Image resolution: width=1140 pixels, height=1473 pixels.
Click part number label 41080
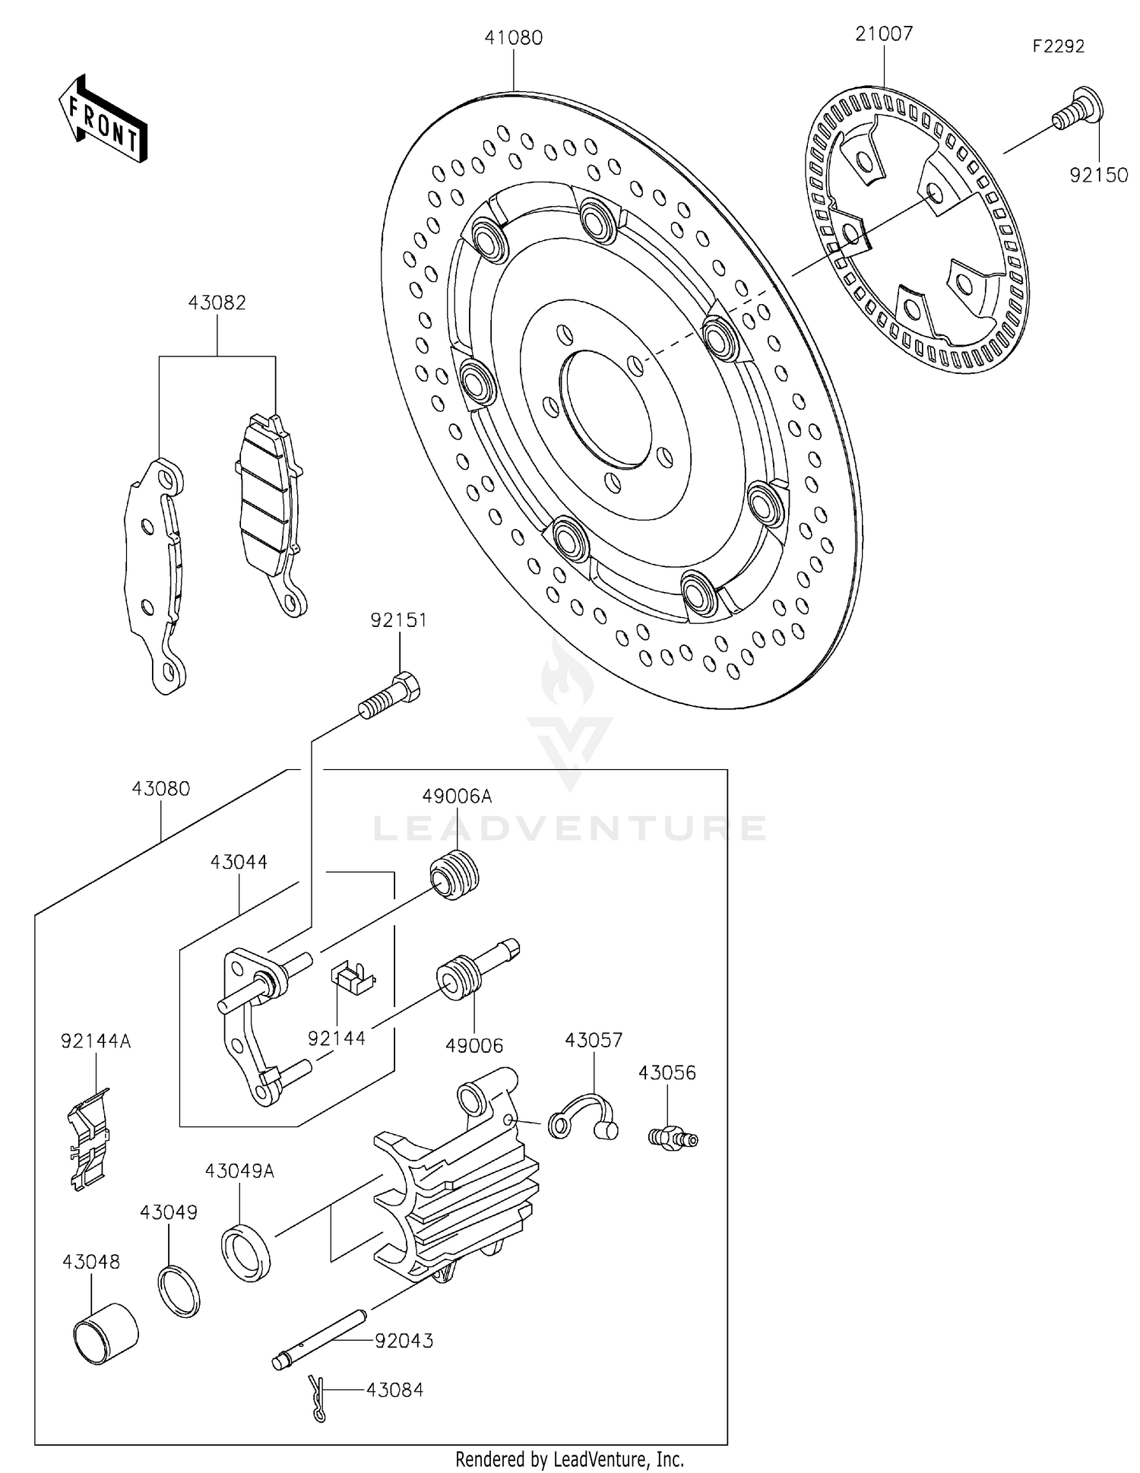point(514,38)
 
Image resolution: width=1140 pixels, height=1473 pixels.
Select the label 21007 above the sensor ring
point(884,34)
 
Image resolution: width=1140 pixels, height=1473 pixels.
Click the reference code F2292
point(1058,46)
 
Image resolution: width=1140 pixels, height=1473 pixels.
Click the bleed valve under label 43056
point(673,1138)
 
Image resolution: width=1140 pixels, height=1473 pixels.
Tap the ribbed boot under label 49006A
point(454,877)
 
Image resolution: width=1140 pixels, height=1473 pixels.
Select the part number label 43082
point(217,303)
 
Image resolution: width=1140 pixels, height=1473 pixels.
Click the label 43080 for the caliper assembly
point(160,789)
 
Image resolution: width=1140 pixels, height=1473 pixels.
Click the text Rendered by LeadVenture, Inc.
point(569,1459)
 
